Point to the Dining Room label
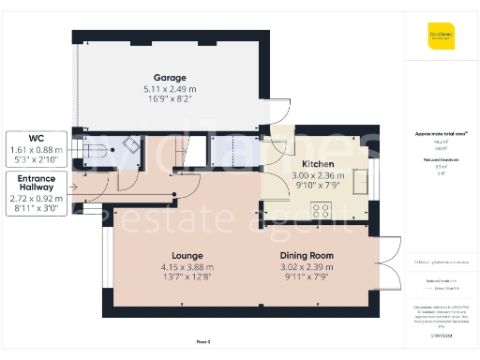[x=307, y=255]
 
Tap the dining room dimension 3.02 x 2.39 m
[x=307, y=266]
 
